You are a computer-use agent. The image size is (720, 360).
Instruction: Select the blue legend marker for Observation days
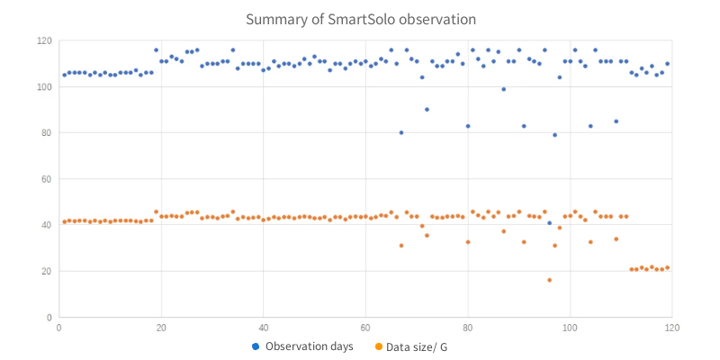(x=256, y=346)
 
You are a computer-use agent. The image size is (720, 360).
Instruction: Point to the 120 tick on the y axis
(x=42, y=40)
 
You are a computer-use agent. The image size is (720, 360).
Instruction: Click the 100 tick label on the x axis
(x=569, y=328)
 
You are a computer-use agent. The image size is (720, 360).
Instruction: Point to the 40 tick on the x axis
(x=263, y=328)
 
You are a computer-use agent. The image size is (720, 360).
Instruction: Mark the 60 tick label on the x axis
(x=365, y=328)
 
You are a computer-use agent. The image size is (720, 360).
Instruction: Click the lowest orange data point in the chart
(x=549, y=280)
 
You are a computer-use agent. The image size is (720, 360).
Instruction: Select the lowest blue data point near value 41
(x=549, y=223)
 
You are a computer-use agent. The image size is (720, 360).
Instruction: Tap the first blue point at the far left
(x=64, y=75)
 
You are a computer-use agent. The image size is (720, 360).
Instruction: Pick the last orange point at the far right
(x=667, y=267)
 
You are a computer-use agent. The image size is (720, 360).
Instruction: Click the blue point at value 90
(x=427, y=110)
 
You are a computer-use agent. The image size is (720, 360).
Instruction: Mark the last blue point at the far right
(x=667, y=64)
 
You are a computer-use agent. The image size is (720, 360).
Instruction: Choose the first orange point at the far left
(x=64, y=221)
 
